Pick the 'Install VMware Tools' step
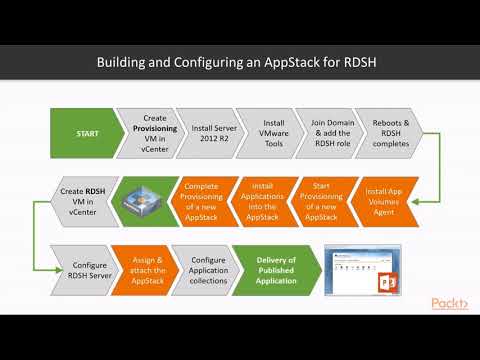tap(264, 132)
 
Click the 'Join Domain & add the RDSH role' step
tap(325, 132)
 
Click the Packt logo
tap(449, 303)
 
